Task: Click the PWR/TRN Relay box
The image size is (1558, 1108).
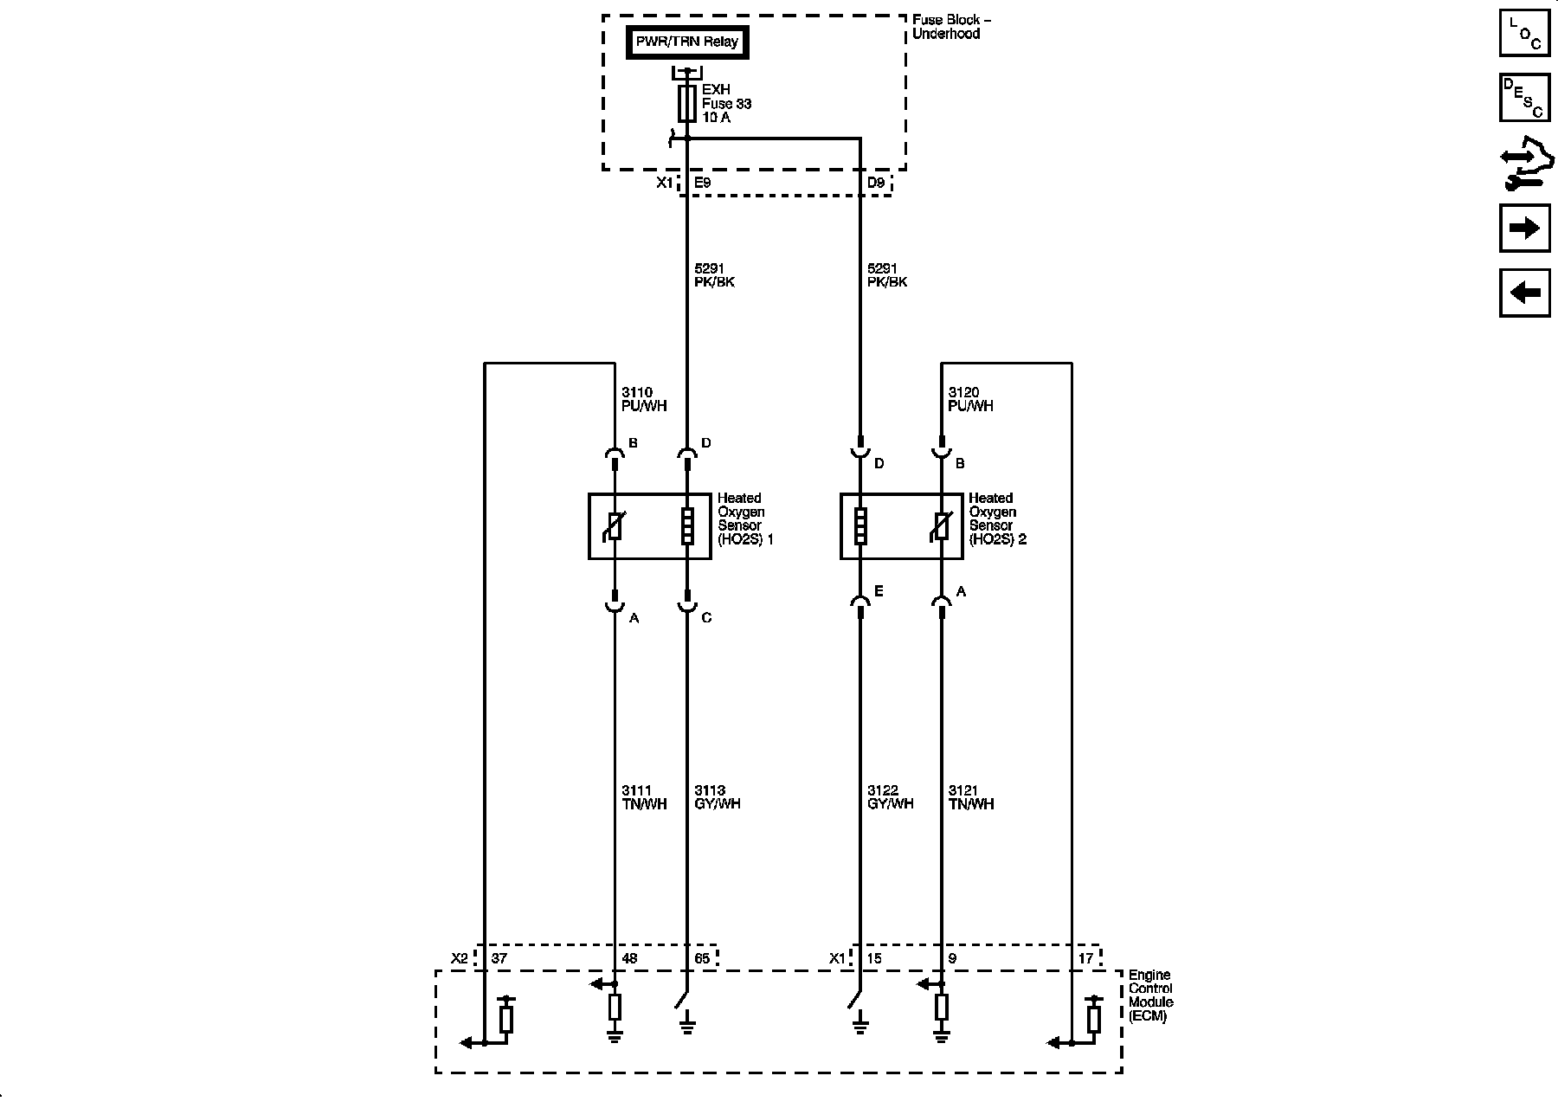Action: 687,42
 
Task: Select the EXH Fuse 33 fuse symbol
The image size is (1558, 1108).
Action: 687,104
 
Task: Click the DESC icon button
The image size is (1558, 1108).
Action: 1524,98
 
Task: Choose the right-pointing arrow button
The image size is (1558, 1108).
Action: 1524,229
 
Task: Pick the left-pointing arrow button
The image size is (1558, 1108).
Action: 1524,293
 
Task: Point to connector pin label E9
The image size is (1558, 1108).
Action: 703,184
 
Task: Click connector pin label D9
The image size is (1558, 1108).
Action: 876,184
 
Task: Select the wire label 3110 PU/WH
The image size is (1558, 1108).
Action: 644,399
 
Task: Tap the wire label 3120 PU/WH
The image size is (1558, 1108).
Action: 970,399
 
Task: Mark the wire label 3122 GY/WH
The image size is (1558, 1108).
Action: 890,797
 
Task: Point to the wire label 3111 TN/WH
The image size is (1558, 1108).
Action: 644,797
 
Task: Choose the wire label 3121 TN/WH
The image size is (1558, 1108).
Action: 971,797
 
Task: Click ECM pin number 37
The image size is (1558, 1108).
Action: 499,958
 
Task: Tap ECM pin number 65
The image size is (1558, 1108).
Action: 702,958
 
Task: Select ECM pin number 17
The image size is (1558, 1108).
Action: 1085,958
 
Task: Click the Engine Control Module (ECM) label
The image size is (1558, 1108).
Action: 1151,995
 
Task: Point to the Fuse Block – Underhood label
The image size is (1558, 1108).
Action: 946,27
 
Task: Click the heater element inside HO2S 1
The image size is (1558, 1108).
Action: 687,526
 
